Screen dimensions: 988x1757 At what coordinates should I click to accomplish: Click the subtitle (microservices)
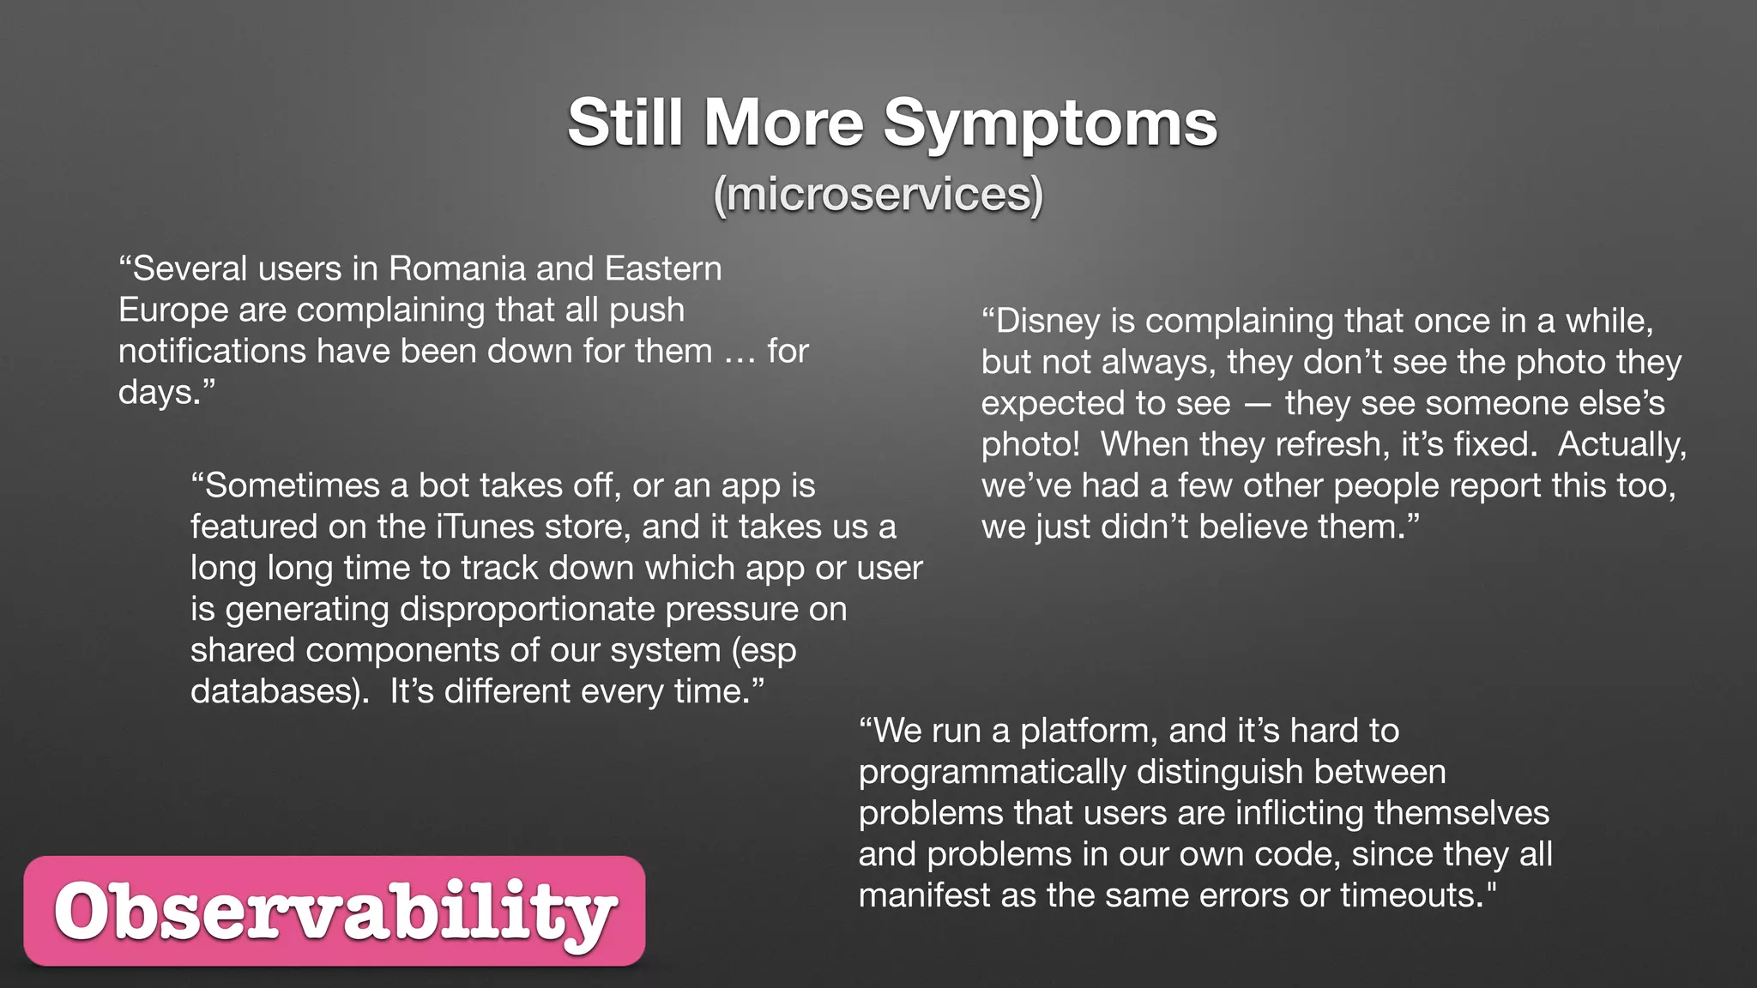click(878, 195)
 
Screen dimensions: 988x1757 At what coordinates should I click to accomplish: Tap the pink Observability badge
click(335, 911)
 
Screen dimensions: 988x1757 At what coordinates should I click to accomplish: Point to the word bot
click(438, 485)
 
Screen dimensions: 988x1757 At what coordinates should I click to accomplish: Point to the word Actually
click(1621, 444)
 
